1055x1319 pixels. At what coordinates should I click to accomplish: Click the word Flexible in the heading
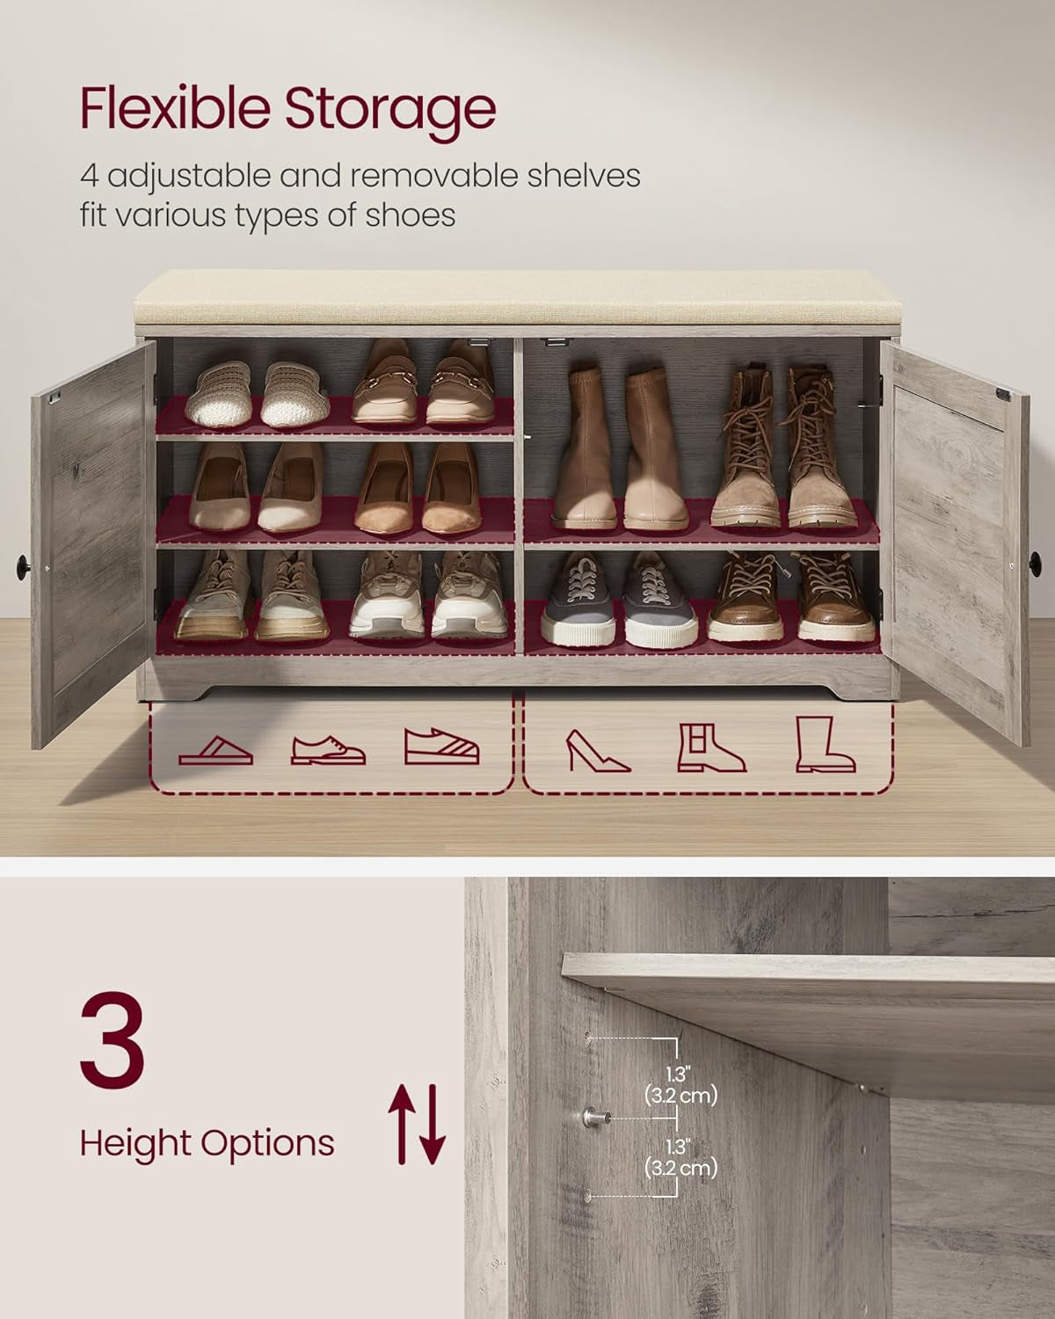coord(173,109)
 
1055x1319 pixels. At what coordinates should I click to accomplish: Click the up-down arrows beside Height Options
coord(418,1124)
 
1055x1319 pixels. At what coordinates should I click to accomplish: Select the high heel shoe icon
coord(598,750)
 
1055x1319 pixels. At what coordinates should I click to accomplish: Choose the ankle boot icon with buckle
coord(710,748)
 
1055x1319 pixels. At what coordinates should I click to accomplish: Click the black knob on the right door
coord(1035,559)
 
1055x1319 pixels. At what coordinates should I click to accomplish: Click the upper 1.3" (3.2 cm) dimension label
coord(680,1085)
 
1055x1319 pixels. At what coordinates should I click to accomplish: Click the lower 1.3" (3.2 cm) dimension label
coord(680,1158)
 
